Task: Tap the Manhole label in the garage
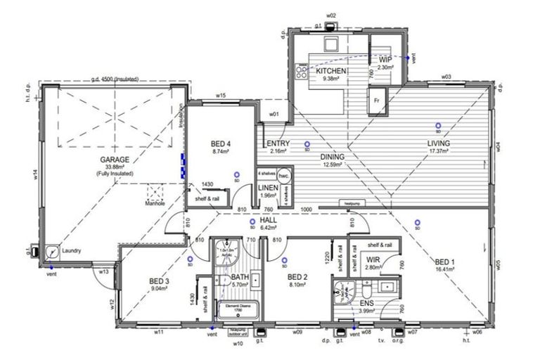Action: (155, 204)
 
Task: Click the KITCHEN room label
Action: (330, 72)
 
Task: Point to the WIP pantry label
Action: (385, 60)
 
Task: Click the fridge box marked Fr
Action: (377, 100)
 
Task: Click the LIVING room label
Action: (439, 143)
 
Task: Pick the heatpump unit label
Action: (352, 205)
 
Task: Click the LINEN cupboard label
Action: (268, 188)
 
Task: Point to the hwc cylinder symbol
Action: (284, 175)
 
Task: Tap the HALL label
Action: (269, 220)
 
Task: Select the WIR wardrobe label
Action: (373, 260)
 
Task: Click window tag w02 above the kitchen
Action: (331, 15)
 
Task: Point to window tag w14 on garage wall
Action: (34, 175)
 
